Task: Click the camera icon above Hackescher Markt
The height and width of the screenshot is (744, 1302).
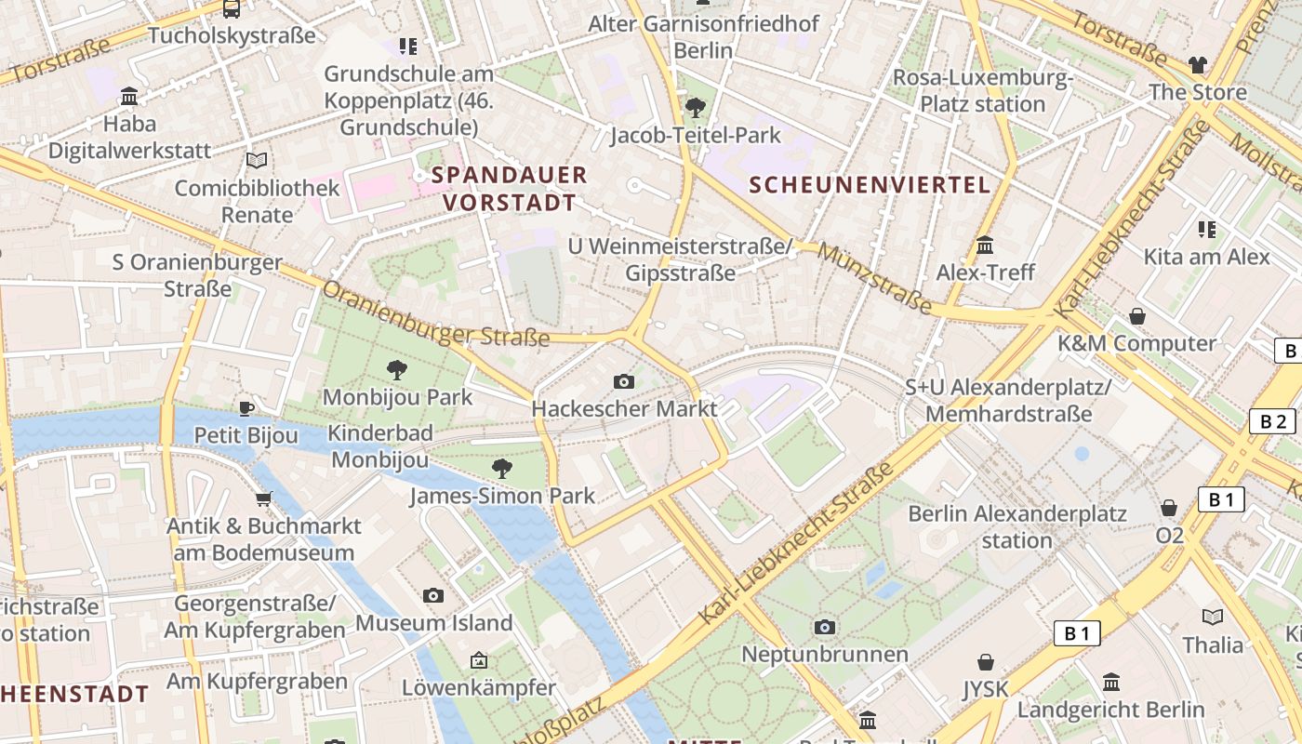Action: click(624, 381)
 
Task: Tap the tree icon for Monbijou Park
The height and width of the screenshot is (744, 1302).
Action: click(397, 370)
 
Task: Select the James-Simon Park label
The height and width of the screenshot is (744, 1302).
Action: click(502, 496)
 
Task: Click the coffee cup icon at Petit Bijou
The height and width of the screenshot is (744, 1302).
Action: click(246, 407)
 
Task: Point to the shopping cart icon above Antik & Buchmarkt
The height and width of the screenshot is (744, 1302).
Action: click(263, 498)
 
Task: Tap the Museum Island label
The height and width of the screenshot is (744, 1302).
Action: click(433, 622)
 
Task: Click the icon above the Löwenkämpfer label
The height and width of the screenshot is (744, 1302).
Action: click(478, 660)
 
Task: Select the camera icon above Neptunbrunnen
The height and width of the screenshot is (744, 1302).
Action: click(824, 627)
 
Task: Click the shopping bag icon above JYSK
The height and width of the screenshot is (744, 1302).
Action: click(986, 662)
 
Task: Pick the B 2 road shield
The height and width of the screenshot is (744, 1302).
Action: click(1271, 421)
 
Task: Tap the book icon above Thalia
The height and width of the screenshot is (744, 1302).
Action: click(1213, 617)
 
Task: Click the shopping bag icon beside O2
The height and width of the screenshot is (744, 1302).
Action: click(1169, 508)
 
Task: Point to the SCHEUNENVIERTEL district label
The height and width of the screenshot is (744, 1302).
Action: click(870, 184)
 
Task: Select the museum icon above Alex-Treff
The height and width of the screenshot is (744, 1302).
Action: click(985, 246)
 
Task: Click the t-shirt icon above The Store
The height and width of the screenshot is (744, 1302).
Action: click(1197, 65)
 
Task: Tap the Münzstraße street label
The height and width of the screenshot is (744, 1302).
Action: click(875, 279)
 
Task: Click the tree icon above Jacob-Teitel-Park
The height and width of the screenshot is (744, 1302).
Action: click(695, 108)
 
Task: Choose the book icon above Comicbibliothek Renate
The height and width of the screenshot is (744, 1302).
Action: click(257, 161)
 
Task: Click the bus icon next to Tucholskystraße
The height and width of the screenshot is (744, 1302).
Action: click(232, 9)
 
